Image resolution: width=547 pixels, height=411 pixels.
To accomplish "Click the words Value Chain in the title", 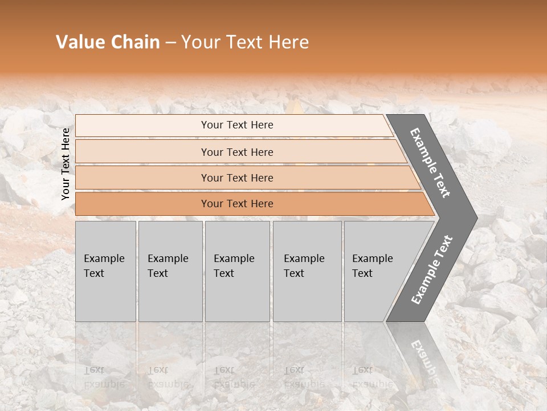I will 108,42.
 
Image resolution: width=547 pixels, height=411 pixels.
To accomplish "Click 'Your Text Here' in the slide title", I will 245,42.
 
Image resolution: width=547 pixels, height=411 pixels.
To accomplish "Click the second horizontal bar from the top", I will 236,152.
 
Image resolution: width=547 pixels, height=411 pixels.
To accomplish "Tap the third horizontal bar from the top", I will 236,178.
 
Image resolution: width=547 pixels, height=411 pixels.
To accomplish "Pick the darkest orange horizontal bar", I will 236,204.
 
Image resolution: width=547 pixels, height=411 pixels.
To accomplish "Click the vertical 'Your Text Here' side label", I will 66,164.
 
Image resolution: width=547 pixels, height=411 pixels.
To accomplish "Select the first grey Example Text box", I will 105,271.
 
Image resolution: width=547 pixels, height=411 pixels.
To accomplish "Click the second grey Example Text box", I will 170,271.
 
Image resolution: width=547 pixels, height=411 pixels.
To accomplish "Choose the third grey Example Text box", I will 236,271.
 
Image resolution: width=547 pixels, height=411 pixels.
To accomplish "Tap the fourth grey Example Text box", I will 307,271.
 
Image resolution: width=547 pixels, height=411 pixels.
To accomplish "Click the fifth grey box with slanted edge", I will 376,271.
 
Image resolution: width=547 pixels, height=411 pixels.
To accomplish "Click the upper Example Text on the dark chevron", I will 430,163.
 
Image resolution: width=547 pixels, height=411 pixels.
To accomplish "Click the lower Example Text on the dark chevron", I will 431,269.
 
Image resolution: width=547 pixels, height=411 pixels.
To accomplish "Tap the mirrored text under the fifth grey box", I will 364,377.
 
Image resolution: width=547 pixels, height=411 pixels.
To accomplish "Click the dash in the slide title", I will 170,43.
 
